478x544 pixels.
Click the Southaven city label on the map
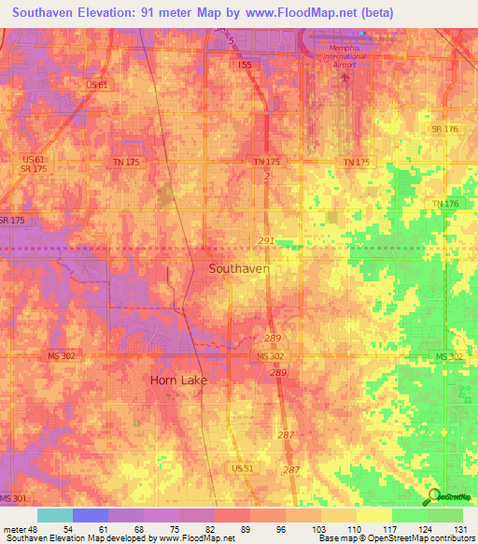click(x=238, y=268)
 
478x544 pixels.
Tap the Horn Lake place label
click(x=178, y=380)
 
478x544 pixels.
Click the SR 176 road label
click(x=443, y=129)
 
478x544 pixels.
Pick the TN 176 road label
click(x=446, y=204)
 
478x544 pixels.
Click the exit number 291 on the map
click(x=266, y=240)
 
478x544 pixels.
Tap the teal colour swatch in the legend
click(x=55, y=515)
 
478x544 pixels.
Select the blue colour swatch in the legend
click(x=91, y=515)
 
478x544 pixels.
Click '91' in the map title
click(x=169, y=12)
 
